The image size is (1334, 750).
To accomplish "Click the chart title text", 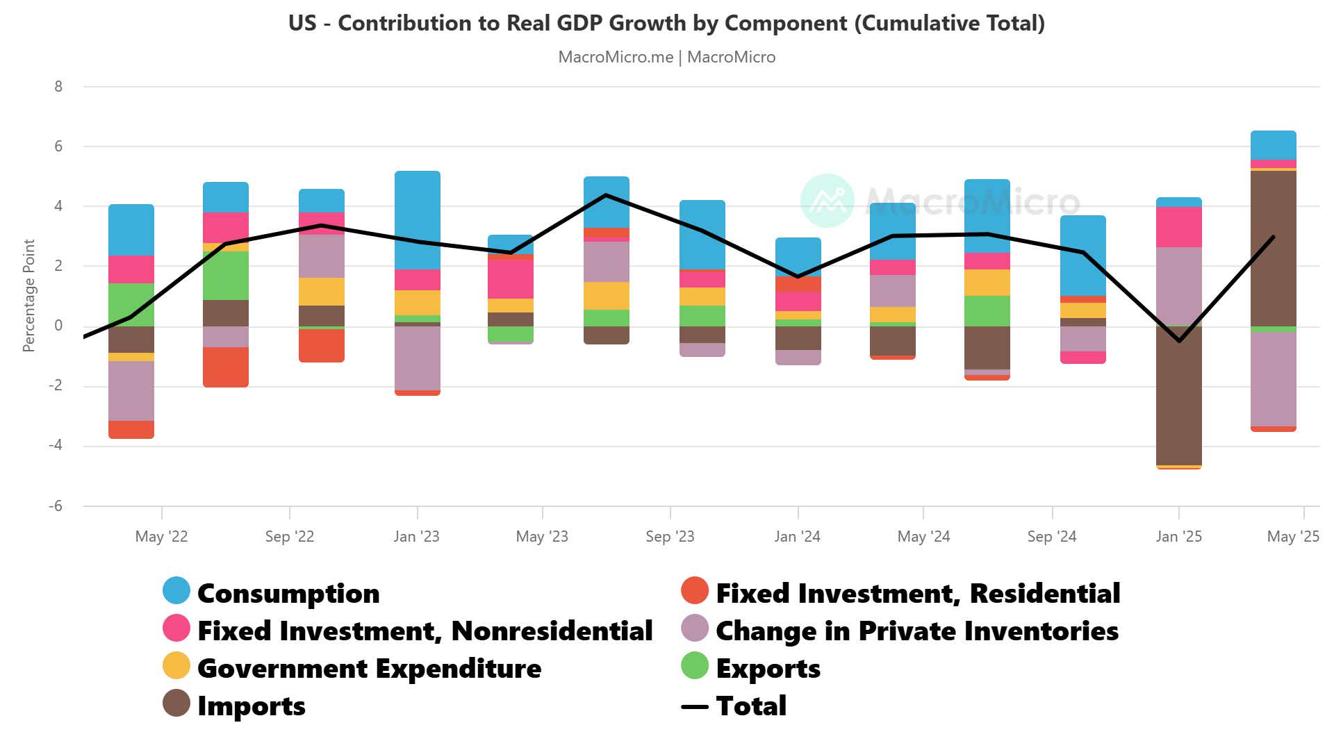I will pyautogui.click(x=666, y=23).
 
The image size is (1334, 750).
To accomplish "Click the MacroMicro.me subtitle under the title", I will pyautogui.click(x=666, y=57).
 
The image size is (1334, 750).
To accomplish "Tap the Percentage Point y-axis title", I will pyautogui.click(x=28, y=295).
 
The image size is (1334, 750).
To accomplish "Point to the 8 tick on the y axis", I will pyautogui.click(x=58, y=87).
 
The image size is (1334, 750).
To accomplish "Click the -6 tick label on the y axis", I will pyautogui.click(x=56, y=506).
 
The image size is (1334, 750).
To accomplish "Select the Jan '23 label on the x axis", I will pyautogui.click(x=416, y=536).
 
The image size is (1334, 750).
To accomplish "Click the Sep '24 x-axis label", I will pyautogui.click(x=1051, y=536).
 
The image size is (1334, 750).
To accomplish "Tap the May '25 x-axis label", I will pyautogui.click(x=1292, y=536).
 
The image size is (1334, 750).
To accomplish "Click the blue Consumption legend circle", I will pyautogui.click(x=176, y=591).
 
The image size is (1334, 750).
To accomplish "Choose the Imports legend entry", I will pyautogui.click(x=251, y=706).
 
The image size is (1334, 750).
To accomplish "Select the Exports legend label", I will pyautogui.click(x=768, y=668).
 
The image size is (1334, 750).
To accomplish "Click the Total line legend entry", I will pyautogui.click(x=750, y=706).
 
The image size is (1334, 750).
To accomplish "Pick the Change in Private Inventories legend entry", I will pyautogui.click(x=916, y=631).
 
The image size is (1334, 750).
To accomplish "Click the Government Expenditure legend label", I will pyautogui.click(x=369, y=668).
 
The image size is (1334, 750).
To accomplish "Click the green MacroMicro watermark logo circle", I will pyautogui.click(x=827, y=201).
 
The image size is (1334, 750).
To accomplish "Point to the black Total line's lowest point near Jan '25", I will pyautogui.click(x=1179, y=341).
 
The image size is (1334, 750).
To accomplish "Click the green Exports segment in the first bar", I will pyautogui.click(x=131, y=304).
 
